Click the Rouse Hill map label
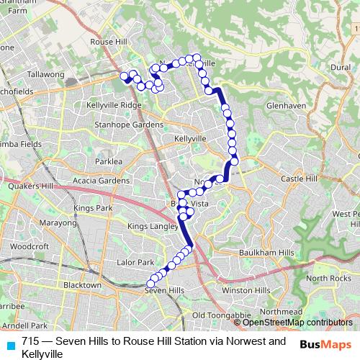(109, 42)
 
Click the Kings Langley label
(152, 227)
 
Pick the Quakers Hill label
(26, 185)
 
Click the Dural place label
(339, 66)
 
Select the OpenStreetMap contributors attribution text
(298, 323)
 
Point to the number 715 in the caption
(30, 341)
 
